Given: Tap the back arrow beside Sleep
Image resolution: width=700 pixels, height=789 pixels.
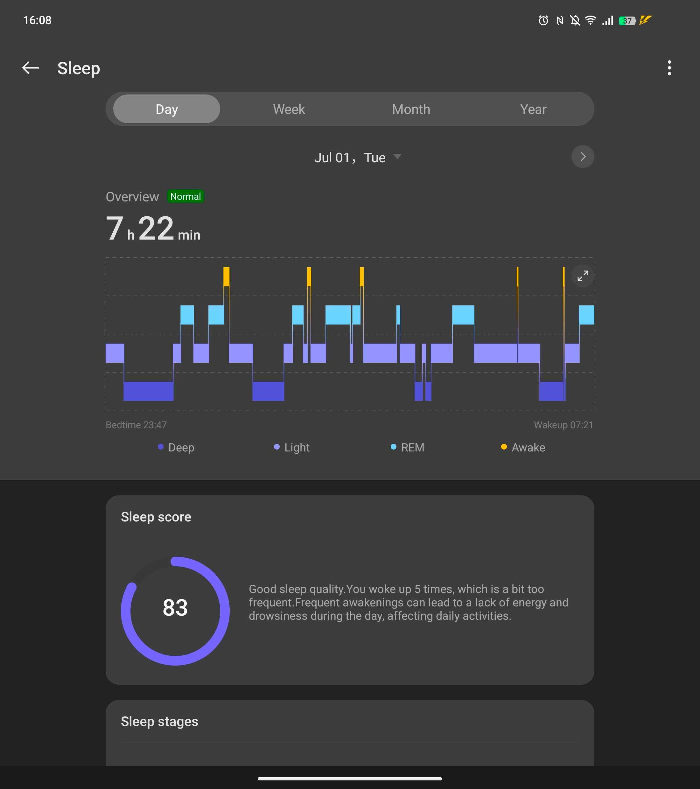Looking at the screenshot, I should [30, 68].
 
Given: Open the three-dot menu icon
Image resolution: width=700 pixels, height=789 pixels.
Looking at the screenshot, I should [669, 68].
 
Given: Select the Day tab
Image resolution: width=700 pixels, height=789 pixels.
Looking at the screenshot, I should [166, 109].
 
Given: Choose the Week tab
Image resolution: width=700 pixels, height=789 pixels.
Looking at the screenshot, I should [289, 109].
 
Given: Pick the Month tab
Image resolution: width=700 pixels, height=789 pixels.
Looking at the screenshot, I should [411, 109].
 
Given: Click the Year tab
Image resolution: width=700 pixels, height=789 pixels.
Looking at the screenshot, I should [533, 109].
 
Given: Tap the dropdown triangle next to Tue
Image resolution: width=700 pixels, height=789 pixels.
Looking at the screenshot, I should [397, 156].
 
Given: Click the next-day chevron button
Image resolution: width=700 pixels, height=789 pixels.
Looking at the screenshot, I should [582, 156].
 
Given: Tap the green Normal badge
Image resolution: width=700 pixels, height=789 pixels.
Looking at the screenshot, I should [185, 197].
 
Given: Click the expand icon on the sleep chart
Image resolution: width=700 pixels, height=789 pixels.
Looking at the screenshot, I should [582, 276].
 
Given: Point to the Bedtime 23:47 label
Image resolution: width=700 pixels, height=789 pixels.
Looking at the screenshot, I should [136, 425].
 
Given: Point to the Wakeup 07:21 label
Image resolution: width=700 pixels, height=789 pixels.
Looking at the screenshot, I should [563, 425].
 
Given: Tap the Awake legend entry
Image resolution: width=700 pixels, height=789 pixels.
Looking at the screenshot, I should [523, 447].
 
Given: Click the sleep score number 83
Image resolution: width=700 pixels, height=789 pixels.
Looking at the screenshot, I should [175, 608].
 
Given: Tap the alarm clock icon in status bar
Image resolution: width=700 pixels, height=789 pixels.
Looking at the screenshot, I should [543, 20].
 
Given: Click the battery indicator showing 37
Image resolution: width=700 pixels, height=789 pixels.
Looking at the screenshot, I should [627, 20].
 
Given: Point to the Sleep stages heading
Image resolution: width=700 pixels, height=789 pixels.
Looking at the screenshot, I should [159, 722].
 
